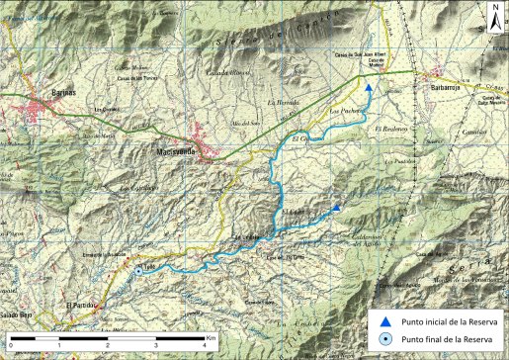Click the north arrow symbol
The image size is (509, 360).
click(x=494, y=16)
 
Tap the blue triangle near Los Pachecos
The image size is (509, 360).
click(x=369, y=88)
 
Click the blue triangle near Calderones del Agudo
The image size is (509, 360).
click(x=337, y=208)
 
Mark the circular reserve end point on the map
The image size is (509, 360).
click(x=153, y=267)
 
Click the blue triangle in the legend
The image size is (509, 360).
click(x=388, y=322)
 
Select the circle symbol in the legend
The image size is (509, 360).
click(x=388, y=340)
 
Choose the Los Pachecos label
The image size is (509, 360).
click(x=345, y=112)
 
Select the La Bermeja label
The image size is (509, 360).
click(x=282, y=102)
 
